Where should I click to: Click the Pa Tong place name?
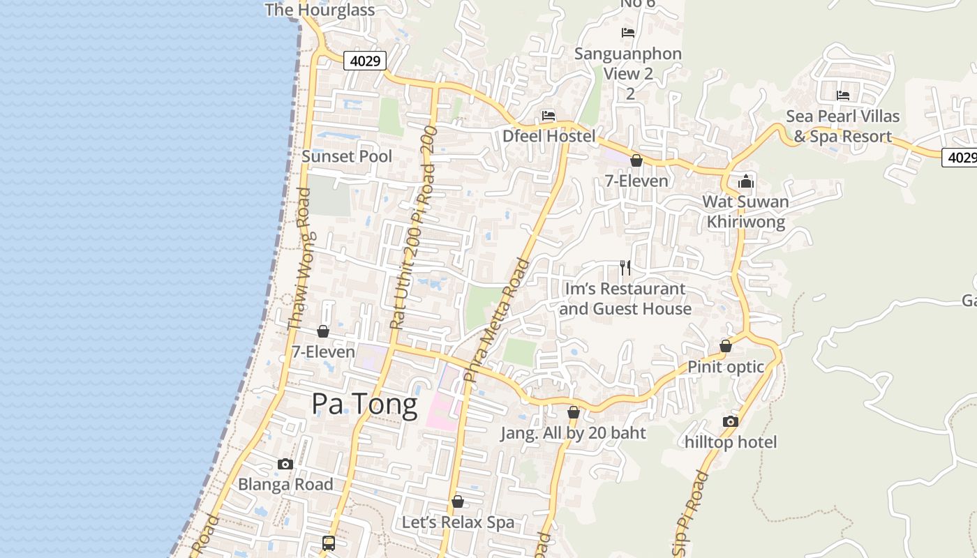click(x=364, y=404)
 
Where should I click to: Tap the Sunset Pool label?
click(x=347, y=156)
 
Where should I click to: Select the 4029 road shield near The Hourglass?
click(x=365, y=61)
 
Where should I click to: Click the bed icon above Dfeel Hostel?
click(x=549, y=116)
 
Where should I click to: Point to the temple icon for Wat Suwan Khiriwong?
click(x=745, y=181)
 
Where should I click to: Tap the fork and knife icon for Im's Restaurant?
click(x=625, y=267)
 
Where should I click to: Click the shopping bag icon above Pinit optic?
click(x=726, y=346)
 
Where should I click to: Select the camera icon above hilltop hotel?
click(x=731, y=421)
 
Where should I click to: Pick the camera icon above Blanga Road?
click(x=285, y=464)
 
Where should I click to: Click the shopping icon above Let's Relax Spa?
click(x=458, y=502)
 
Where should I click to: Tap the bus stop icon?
click(x=329, y=543)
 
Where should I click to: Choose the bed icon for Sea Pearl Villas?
click(x=843, y=96)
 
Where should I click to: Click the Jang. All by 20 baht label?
click(x=573, y=433)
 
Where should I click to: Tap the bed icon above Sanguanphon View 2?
click(x=628, y=33)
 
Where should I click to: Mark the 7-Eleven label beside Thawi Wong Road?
click(x=323, y=352)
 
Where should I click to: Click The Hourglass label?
click(x=320, y=10)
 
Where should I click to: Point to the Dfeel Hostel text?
click(x=549, y=136)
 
